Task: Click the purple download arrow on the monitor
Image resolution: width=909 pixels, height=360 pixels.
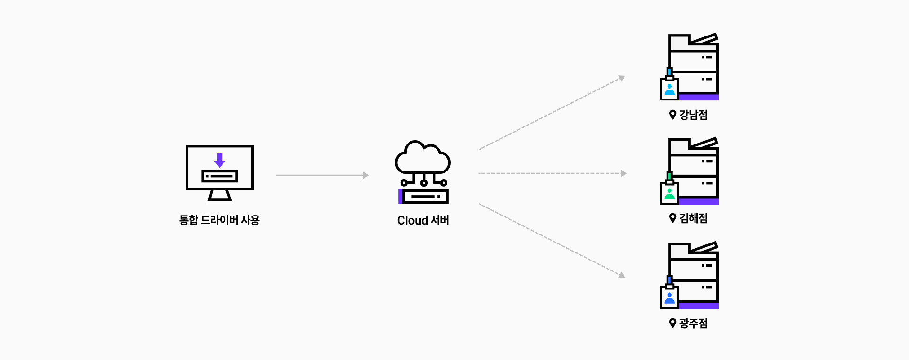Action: pyautogui.click(x=219, y=160)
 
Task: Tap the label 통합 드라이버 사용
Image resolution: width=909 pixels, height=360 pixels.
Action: pyautogui.click(x=219, y=220)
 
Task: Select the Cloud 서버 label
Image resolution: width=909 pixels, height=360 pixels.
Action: pyautogui.click(x=423, y=220)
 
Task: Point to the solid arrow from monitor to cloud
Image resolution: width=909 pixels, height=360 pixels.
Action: pyautogui.click(x=322, y=175)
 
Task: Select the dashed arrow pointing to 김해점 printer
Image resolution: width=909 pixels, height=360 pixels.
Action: pyautogui.click(x=552, y=173)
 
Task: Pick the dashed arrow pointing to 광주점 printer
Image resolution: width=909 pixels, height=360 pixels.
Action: pyautogui.click(x=552, y=240)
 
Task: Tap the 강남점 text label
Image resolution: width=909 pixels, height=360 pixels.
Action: pyautogui.click(x=694, y=115)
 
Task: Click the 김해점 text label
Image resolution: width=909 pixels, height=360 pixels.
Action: pyautogui.click(x=694, y=218)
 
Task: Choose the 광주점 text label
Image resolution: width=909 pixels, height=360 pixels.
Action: pyautogui.click(x=694, y=324)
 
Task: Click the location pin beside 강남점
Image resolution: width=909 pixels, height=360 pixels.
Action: pyautogui.click(x=672, y=115)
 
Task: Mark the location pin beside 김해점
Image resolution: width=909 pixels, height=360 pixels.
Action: pyautogui.click(x=672, y=218)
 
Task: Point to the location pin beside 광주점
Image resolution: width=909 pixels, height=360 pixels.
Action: pyautogui.click(x=672, y=323)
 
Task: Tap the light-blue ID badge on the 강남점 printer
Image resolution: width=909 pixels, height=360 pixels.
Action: pyautogui.click(x=669, y=89)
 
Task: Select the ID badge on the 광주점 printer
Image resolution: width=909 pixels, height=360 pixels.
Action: pyautogui.click(x=669, y=297)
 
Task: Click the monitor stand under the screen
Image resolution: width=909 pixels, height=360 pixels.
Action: pyautogui.click(x=220, y=195)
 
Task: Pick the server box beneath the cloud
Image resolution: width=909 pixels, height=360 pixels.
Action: pyautogui.click(x=424, y=196)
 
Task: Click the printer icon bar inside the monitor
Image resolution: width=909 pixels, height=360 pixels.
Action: pyautogui.click(x=220, y=176)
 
